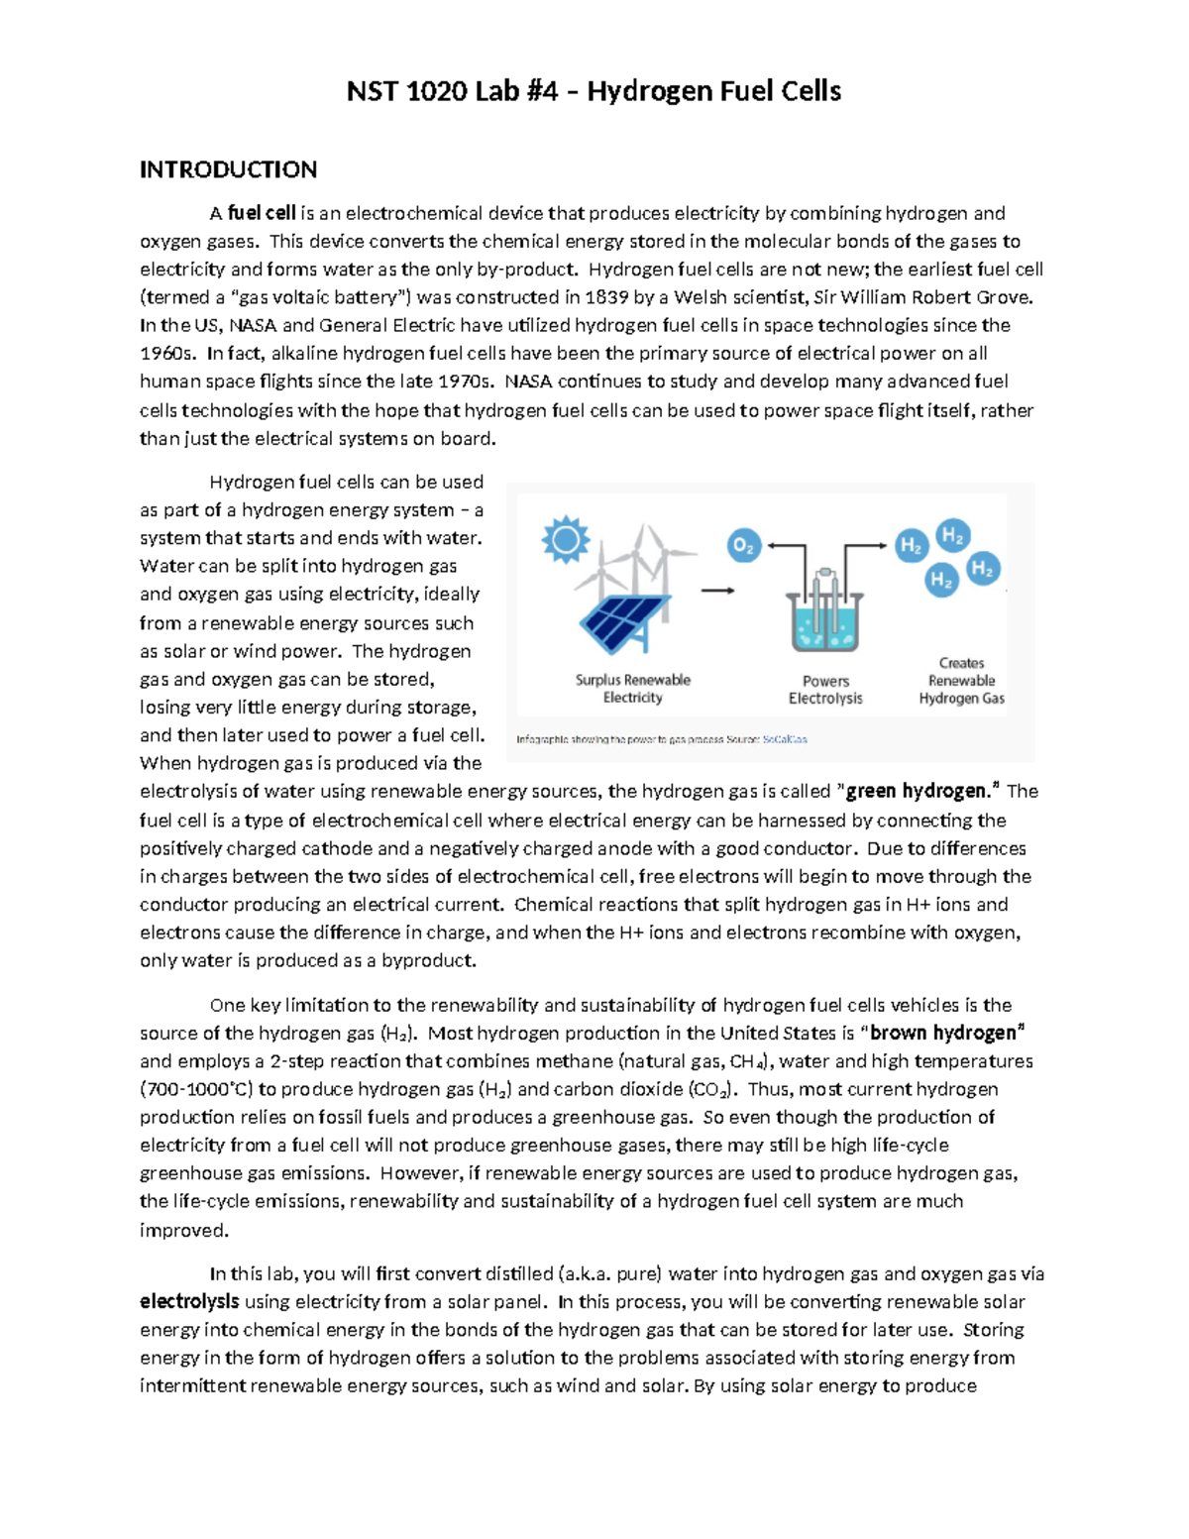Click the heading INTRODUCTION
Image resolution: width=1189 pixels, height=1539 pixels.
point(228,169)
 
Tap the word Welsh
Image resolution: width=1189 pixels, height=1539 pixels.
point(701,297)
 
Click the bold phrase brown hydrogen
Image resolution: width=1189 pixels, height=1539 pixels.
point(943,1034)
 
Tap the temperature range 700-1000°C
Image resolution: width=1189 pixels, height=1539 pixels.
point(197,1090)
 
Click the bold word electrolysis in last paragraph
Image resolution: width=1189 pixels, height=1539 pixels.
point(189,1302)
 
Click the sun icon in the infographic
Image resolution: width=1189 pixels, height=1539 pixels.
point(566,541)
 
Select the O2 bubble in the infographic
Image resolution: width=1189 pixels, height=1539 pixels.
point(744,546)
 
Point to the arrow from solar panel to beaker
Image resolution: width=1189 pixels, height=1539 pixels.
point(717,591)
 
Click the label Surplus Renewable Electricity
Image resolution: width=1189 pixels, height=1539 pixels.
point(632,689)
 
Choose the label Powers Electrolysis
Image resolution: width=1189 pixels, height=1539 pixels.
point(825,690)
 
